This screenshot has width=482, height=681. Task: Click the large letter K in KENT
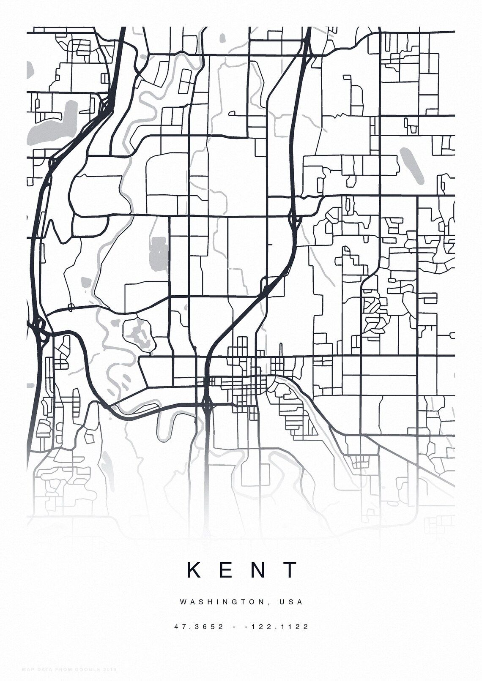194,570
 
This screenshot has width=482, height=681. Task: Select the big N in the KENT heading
258,570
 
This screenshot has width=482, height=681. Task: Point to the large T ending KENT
291,570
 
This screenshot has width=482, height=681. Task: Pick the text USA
291,602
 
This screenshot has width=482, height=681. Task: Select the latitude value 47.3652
199,627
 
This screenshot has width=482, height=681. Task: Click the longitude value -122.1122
277,627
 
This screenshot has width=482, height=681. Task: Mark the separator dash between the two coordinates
234,627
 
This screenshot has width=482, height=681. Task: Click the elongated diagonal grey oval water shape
411,166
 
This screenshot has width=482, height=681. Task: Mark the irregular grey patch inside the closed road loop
137,333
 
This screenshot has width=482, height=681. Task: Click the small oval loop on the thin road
71,307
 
